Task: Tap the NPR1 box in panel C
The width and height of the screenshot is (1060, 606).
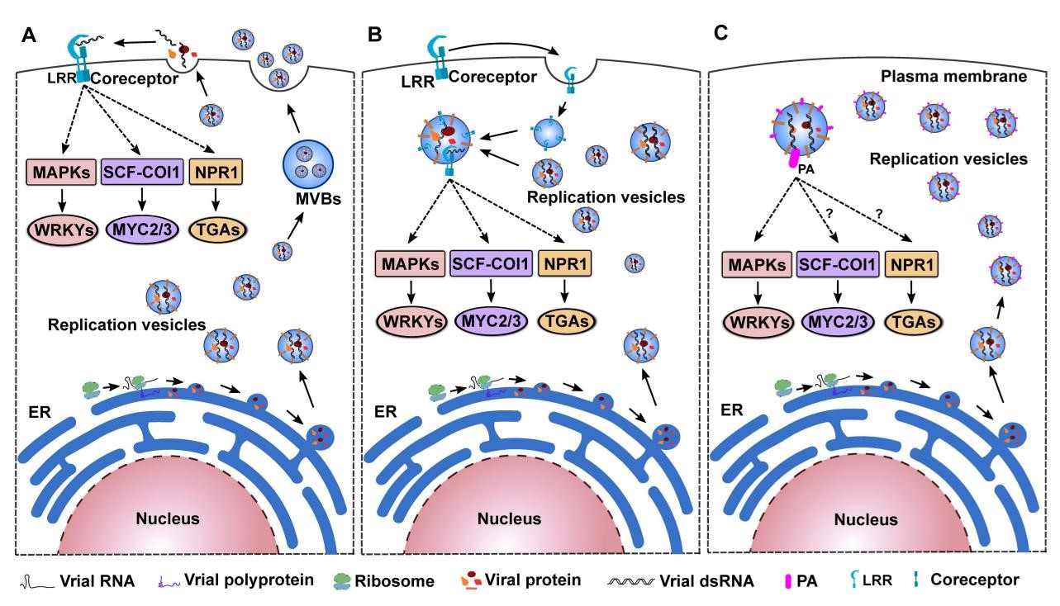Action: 915,265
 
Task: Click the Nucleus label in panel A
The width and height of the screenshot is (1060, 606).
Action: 168,519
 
